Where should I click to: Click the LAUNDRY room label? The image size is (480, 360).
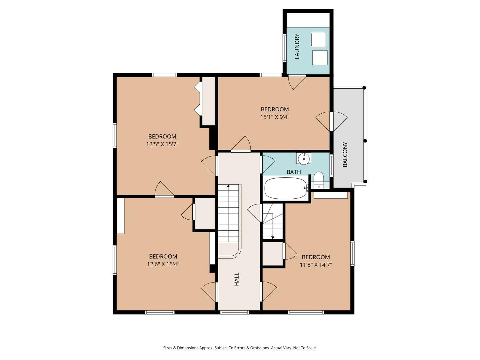(x=297, y=46)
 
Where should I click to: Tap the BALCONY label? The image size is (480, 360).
(x=345, y=154)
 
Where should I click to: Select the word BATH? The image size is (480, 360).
(x=294, y=172)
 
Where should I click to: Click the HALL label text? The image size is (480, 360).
(x=236, y=279)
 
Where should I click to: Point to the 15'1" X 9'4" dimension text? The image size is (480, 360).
(x=275, y=117)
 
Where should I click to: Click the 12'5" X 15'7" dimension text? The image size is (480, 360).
(x=162, y=144)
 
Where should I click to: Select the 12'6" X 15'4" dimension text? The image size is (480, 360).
(x=163, y=264)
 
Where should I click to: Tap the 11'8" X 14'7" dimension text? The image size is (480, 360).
(x=316, y=265)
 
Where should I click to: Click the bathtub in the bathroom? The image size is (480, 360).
(x=286, y=188)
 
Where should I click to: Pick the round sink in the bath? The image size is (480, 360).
(x=304, y=158)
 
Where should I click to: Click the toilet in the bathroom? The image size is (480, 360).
(x=318, y=178)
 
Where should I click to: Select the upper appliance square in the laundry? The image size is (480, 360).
(x=319, y=39)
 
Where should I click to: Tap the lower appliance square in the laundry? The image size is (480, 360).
(x=320, y=58)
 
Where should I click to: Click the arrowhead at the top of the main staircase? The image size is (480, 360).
(x=228, y=186)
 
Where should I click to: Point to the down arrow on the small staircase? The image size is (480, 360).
(x=273, y=237)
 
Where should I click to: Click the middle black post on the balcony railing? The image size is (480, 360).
(x=365, y=141)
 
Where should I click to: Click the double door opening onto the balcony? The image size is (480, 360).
(x=332, y=122)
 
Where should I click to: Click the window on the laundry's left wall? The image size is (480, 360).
(x=285, y=48)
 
